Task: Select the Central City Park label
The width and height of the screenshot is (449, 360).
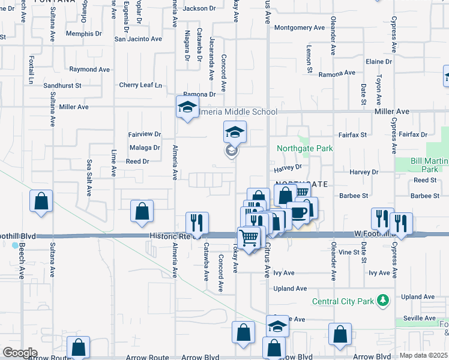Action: [343, 301]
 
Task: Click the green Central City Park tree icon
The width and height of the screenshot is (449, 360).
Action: [382, 301]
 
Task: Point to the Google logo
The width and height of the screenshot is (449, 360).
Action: [20, 353]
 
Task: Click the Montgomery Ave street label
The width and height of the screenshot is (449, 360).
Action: [300, 28]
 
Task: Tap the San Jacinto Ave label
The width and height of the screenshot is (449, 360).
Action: [138, 39]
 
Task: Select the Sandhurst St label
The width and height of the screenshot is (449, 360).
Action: [62, 86]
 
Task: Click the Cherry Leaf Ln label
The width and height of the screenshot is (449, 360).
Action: [140, 85]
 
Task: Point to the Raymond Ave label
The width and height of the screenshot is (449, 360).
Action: [89, 70]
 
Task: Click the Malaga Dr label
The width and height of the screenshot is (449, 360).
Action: [144, 147]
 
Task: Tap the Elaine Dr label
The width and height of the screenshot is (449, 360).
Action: [378, 62]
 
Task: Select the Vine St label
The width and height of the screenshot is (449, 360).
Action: [348, 253]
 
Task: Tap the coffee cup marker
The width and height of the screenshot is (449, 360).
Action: [298, 211]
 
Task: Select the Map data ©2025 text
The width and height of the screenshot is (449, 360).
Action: [423, 355]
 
